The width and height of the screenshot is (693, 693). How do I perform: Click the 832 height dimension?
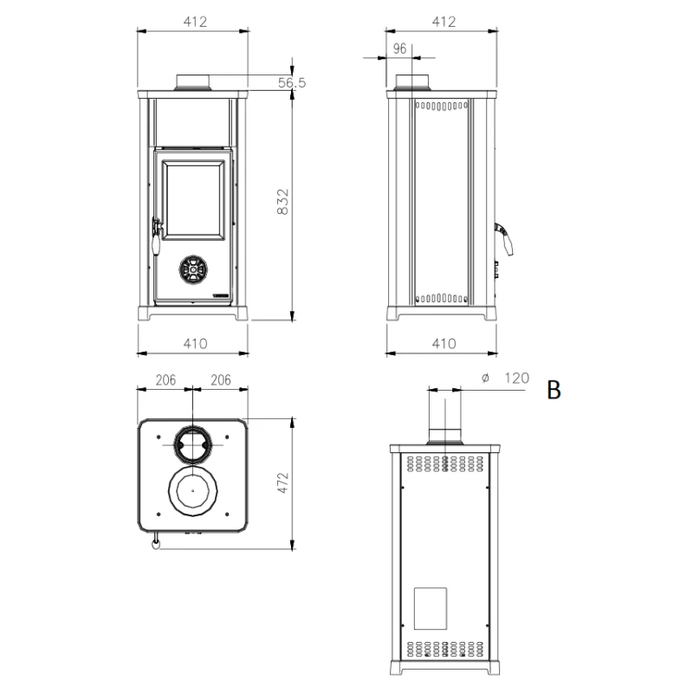point(282,204)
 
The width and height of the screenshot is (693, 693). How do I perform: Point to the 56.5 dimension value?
point(293,83)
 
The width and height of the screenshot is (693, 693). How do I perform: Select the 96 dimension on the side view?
point(399,49)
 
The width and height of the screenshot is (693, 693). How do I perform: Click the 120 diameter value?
point(515,378)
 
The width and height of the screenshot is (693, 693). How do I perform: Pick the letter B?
point(554,390)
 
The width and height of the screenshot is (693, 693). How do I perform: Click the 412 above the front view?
point(196,23)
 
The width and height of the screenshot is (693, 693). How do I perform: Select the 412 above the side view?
point(443,23)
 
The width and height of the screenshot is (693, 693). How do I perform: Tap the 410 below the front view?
point(196,344)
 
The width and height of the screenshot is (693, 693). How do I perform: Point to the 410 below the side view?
point(443,344)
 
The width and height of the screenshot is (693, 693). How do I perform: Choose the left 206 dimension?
point(166,379)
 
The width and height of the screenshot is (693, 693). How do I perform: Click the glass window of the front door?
point(193,198)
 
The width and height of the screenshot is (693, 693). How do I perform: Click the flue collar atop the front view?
point(194,82)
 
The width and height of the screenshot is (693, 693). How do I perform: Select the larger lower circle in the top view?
point(193,490)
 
